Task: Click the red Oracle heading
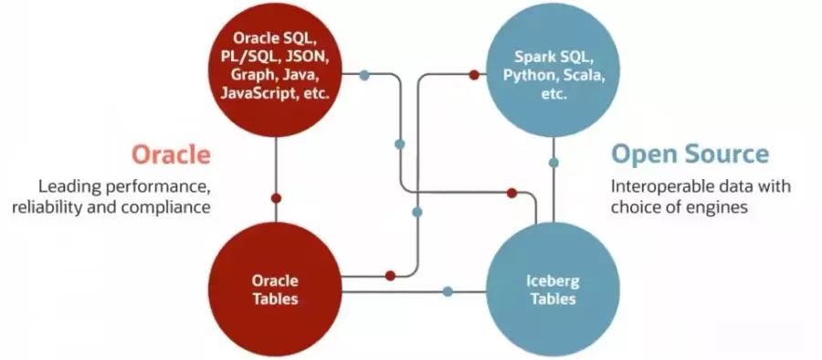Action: (171, 154)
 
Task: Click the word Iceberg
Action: (553, 281)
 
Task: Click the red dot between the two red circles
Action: (276, 197)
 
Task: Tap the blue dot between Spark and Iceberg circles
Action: (553, 163)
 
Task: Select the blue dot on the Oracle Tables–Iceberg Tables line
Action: (448, 291)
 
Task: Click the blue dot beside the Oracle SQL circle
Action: (364, 74)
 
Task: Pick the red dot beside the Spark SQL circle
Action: (474, 74)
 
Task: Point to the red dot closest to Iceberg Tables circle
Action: (512, 192)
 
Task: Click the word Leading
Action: (66, 186)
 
